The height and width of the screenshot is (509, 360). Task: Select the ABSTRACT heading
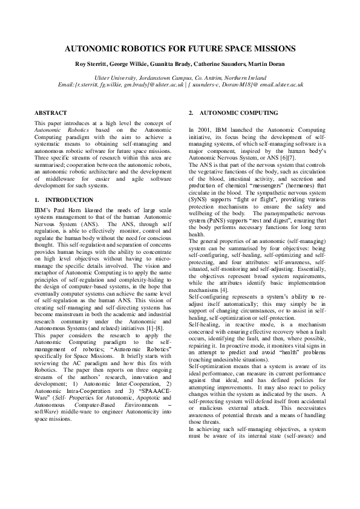tap(50, 113)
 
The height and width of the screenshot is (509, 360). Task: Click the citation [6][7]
tap(276, 156)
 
